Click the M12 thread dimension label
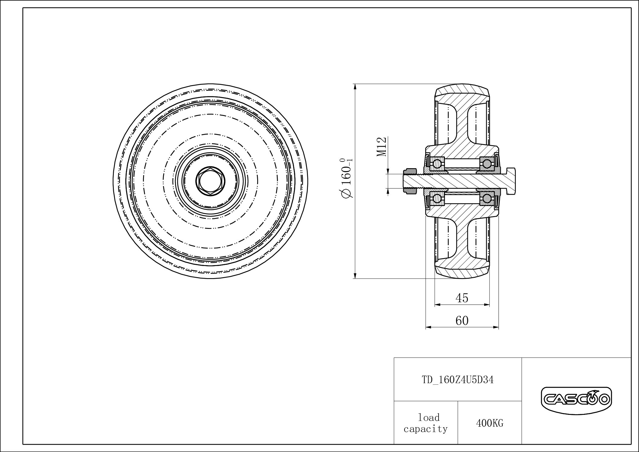382,147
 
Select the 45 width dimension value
462,298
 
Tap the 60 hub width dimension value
462,320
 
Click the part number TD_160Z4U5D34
458,380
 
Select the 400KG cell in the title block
490,423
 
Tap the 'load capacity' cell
426,423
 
